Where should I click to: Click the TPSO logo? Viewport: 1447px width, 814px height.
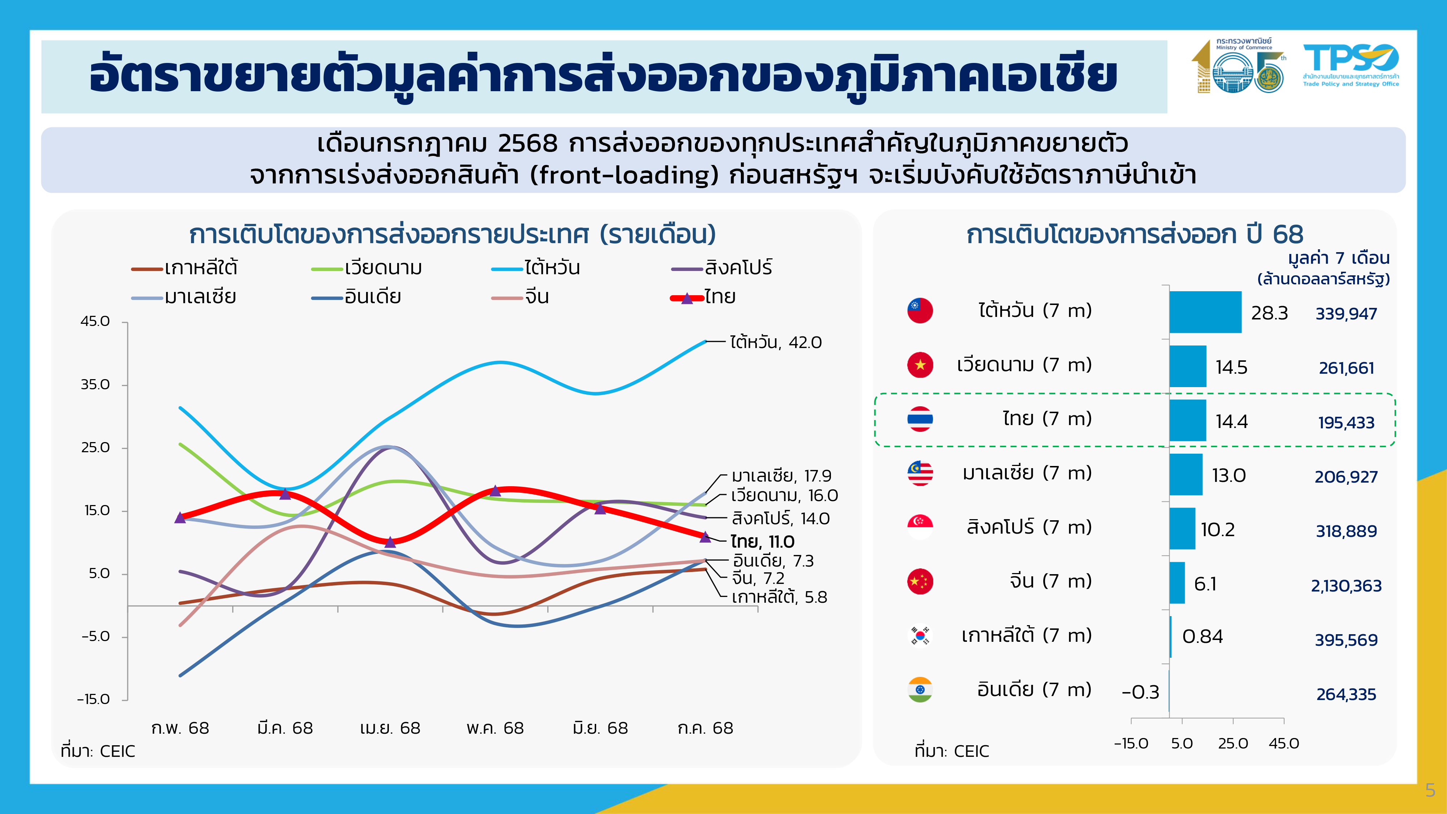1350,65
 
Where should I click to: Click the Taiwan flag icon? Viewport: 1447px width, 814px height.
920,310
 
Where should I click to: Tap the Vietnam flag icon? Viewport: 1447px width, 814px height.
920,365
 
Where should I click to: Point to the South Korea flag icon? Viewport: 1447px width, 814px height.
920,635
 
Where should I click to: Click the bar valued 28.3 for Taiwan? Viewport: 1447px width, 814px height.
1205,312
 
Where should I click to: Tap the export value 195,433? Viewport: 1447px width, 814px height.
1346,423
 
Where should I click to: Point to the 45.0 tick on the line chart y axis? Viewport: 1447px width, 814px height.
96,321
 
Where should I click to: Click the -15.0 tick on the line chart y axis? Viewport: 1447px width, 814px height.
94,699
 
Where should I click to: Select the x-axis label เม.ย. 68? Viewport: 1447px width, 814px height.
390,728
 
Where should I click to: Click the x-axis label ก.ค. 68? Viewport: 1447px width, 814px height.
705,728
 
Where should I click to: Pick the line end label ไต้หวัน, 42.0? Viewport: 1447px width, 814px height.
775,342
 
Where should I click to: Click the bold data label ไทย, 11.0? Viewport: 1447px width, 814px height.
762,542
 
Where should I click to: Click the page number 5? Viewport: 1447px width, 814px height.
1430,790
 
